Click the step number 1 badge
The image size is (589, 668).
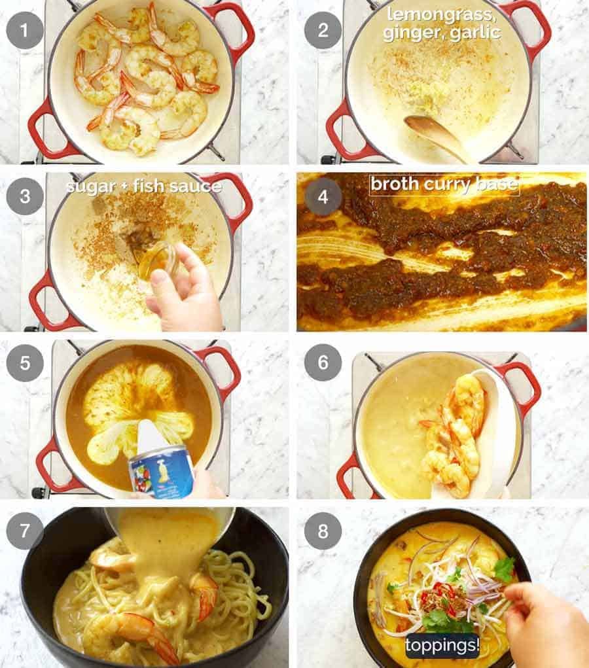[x=25, y=30]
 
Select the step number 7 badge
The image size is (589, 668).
[x=25, y=531]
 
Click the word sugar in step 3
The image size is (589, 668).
[x=91, y=186]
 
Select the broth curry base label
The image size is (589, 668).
[x=444, y=185]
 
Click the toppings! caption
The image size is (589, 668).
[x=442, y=645]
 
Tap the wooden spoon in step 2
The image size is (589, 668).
[x=435, y=134]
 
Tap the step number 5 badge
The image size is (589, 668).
[x=25, y=363]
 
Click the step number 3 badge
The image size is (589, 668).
[x=25, y=196]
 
